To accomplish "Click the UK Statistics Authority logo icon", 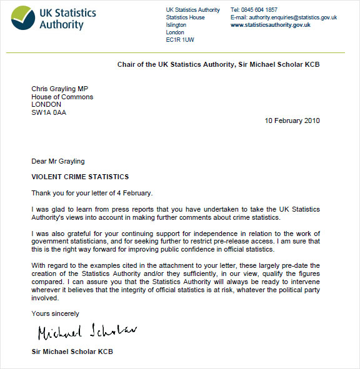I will click(23, 18).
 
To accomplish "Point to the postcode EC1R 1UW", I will click(180, 40).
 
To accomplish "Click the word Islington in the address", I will click(176, 25).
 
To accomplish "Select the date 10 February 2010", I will click(292, 121).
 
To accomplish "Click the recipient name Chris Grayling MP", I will click(59, 89).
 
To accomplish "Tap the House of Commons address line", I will click(62, 97).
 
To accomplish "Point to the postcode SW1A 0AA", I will click(49, 112).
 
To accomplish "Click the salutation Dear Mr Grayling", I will click(58, 162).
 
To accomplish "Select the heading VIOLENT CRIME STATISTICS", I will click(80, 177).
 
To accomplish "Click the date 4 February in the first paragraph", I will click(132, 193).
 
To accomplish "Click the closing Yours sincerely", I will click(56, 313).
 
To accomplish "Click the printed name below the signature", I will click(72, 352).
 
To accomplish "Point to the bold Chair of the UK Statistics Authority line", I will click(218, 64).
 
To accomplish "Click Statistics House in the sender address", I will click(185, 17).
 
